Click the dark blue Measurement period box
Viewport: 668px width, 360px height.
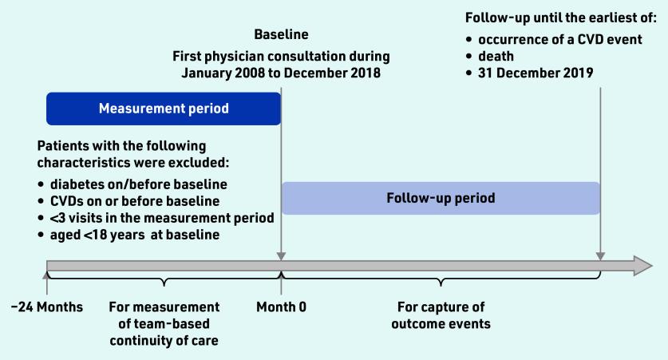(x=164, y=109)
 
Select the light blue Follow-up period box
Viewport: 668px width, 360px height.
(x=441, y=198)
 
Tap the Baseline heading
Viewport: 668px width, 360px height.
(x=281, y=34)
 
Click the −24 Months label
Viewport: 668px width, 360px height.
(x=47, y=307)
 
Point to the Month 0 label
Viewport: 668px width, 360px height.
(x=281, y=307)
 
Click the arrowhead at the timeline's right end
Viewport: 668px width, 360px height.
(x=643, y=266)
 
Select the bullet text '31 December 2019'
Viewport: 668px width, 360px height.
(x=536, y=73)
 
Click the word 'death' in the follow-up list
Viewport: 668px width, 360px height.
(x=496, y=56)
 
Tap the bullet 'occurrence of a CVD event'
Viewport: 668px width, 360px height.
(x=559, y=40)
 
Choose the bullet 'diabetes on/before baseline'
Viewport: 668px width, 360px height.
(x=138, y=184)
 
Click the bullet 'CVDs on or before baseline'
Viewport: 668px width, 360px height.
(x=135, y=201)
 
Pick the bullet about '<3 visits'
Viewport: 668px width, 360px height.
(x=162, y=218)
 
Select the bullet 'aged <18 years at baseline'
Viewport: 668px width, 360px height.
(x=135, y=235)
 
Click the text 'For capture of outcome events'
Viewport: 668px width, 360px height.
(x=441, y=315)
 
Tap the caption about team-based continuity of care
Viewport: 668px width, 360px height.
(x=164, y=324)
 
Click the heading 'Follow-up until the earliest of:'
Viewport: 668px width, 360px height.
(x=561, y=18)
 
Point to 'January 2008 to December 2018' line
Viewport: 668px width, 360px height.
(x=281, y=73)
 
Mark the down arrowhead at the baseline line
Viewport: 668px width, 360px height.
(x=281, y=256)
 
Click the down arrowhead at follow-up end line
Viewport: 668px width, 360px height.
(x=600, y=256)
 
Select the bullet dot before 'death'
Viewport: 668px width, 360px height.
(x=469, y=57)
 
